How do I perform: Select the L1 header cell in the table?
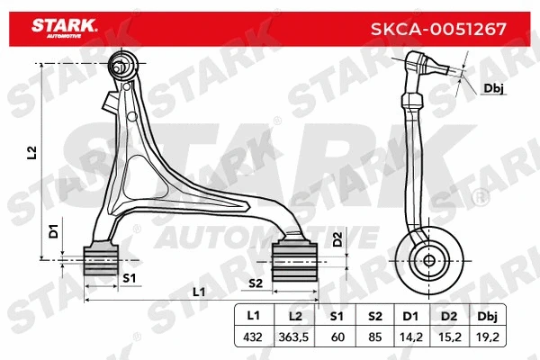[x=255, y=316]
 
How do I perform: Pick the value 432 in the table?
[x=255, y=337]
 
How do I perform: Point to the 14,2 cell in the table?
[x=413, y=337]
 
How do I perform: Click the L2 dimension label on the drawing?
[x=31, y=153]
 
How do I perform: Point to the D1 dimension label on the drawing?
[x=53, y=229]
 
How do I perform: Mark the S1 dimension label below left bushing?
[x=128, y=278]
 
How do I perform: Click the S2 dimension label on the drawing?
[x=255, y=283]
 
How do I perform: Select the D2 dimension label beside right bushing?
[x=337, y=239]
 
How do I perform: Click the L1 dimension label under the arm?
[x=199, y=292]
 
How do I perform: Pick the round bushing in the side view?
[x=429, y=261]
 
